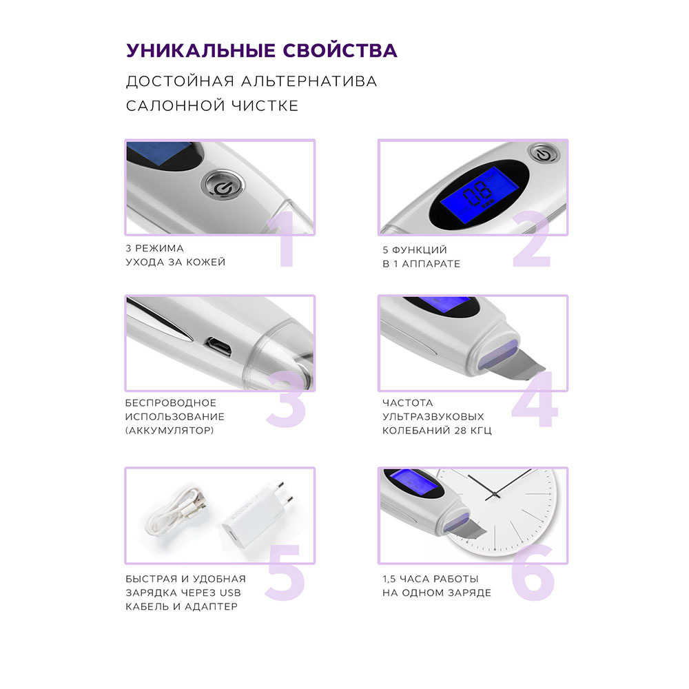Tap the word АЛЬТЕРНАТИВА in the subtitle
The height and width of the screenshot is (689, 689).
click(x=309, y=81)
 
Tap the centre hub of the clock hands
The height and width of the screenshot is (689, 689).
click(x=495, y=495)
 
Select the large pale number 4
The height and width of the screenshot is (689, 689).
click(x=535, y=399)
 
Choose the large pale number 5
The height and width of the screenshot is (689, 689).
click(x=286, y=571)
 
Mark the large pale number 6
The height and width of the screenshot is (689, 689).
click(x=533, y=571)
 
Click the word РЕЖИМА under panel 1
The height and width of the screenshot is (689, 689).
click(x=159, y=248)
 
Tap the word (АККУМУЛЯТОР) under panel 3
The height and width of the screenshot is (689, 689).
click(x=169, y=431)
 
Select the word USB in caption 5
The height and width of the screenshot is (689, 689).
click(x=230, y=593)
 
